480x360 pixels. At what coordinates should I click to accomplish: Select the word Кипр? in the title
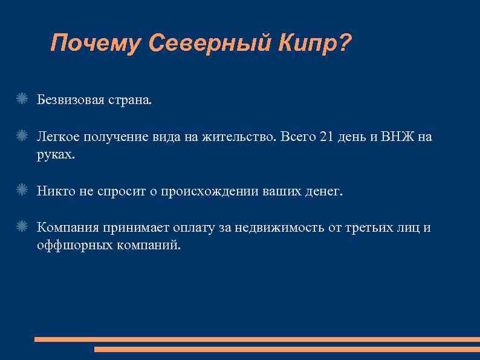click(x=314, y=44)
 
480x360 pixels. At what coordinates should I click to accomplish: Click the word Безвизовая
click(x=70, y=99)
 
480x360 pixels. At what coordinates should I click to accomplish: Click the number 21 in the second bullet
click(x=326, y=137)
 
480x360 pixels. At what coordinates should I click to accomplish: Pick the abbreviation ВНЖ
click(x=397, y=137)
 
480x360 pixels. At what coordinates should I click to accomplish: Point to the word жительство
click(x=238, y=137)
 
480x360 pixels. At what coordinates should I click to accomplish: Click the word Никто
click(x=56, y=192)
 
